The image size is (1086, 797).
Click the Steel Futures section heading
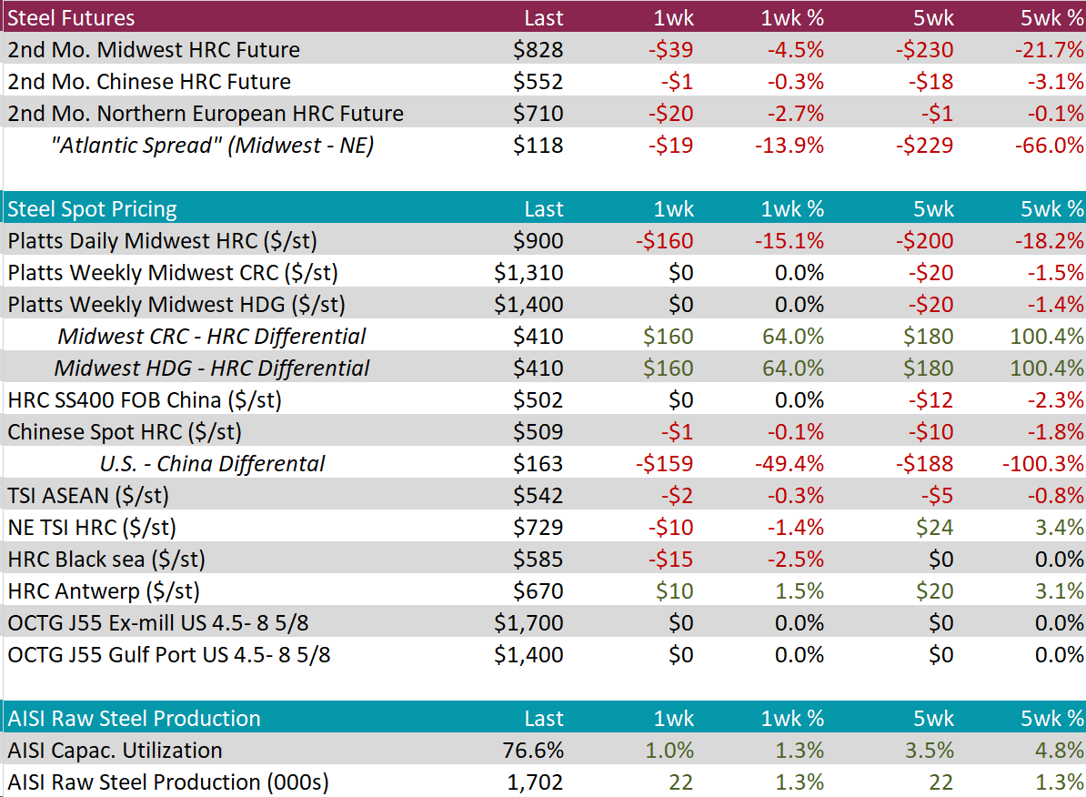tap(71, 18)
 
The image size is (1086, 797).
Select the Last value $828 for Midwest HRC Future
tap(538, 50)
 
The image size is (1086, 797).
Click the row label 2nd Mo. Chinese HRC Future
tap(149, 82)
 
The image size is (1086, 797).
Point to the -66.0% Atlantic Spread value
tap(1049, 146)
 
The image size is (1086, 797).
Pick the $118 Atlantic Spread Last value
tap(538, 146)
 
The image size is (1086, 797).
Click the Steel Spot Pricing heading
tap(92, 209)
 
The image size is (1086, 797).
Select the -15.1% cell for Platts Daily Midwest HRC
tap(789, 241)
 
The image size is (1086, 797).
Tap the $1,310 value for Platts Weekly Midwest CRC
tap(529, 273)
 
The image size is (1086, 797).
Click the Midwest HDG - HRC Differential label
tap(212, 368)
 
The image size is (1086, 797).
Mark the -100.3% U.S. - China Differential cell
tap(1043, 464)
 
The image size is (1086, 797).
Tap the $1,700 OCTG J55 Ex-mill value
tap(529, 623)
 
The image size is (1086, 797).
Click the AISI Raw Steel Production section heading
tap(134, 719)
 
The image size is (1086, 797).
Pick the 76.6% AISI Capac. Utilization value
tap(534, 751)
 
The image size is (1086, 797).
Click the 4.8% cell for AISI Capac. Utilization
tap(1060, 751)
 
